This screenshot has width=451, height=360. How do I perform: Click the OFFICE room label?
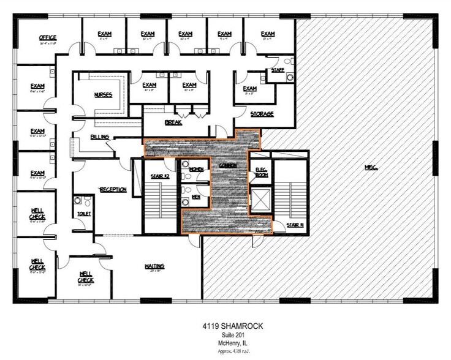[48, 37]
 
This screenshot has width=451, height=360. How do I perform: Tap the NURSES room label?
[103, 95]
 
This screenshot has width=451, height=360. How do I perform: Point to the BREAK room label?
[173, 122]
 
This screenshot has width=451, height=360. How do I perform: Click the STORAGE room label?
[262, 114]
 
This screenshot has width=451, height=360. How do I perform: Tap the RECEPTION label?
[113, 190]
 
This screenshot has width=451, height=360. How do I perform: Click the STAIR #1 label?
[295, 226]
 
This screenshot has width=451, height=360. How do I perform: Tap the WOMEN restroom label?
[196, 168]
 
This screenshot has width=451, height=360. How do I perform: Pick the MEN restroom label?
[196, 197]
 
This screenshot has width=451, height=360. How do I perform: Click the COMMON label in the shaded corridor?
[228, 166]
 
